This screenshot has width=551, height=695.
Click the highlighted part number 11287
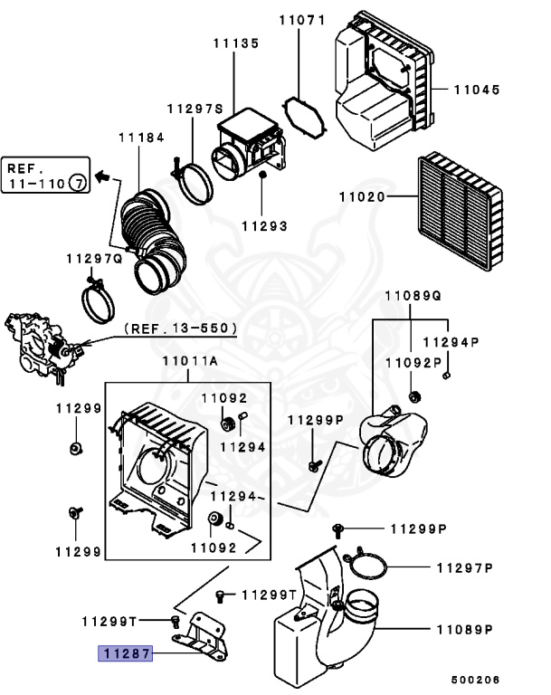pyautogui.click(x=126, y=650)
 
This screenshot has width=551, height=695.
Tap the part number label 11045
pyautogui.click(x=476, y=90)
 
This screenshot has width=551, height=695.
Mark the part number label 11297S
pyautogui.click(x=194, y=109)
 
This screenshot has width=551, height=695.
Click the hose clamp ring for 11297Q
pyautogui.click(x=99, y=301)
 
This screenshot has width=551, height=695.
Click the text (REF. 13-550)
pyautogui.click(x=180, y=328)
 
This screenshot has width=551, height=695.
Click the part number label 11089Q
pyautogui.click(x=413, y=296)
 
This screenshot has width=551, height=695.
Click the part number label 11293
pyautogui.click(x=264, y=225)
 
